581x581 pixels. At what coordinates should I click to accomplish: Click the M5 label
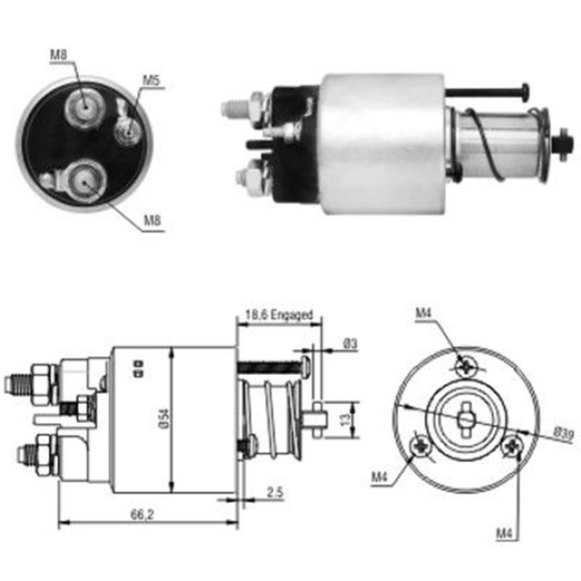[x=151, y=81]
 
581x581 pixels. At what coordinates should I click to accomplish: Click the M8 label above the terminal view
[x=58, y=55]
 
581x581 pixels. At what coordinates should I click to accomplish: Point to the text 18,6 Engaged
[x=280, y=316]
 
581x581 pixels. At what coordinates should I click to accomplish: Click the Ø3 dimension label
[x=350, y=343]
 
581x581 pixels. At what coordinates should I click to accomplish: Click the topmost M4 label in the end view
[x=424, y=314]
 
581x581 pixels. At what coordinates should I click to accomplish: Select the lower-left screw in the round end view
[x=422, y=445]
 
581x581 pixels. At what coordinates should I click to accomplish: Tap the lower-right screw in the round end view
[x=512, y=445]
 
